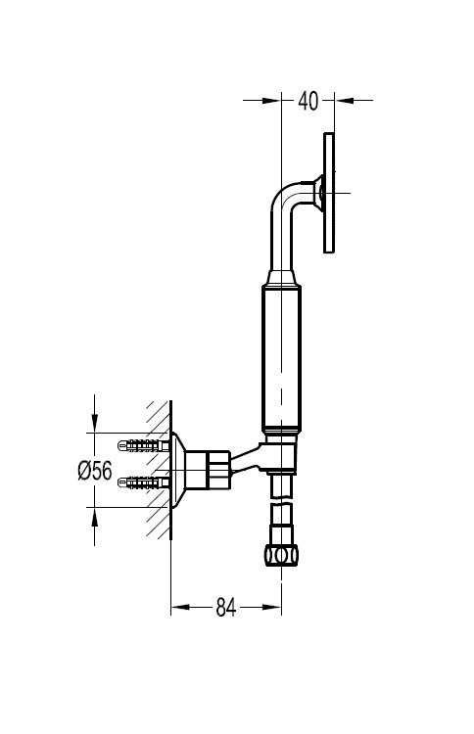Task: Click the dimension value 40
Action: (x=308, y=101)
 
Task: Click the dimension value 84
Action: (x=226, y=608)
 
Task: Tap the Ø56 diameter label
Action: (x=95, y=471)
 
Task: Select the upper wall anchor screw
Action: (x=143, y=445)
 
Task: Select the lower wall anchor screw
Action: (x=143, y=482)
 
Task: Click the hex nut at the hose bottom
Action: (x=281, y=556)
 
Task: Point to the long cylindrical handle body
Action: (x=281, y=359)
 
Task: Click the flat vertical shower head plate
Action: (x=329, y=193)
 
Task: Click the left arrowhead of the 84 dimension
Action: (x=180, y=607)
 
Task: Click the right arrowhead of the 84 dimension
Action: (x=272, y=607)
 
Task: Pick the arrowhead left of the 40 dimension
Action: (x=271, y=100)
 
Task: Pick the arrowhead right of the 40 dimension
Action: (x=344, y=100)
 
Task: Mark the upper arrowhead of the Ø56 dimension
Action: (x=95, y=424)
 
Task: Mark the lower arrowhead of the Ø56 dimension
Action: (x=95, y=517)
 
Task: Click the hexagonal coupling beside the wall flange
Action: (x=207, y=470)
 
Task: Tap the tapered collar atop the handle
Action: (x=281, y=278)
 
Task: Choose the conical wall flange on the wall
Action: (x=177, y=470)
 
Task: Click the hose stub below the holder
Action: (x=281, y=485)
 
